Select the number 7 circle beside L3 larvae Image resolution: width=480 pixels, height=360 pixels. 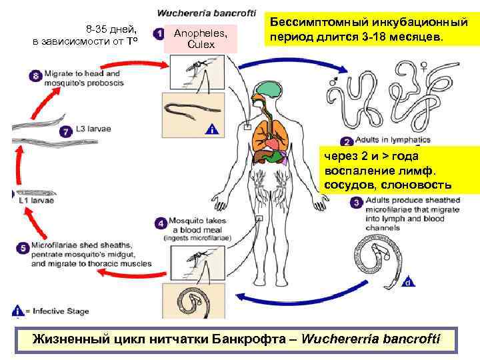click(x=65, y=131)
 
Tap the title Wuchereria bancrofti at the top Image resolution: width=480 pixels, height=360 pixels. click(x=206, y=13)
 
